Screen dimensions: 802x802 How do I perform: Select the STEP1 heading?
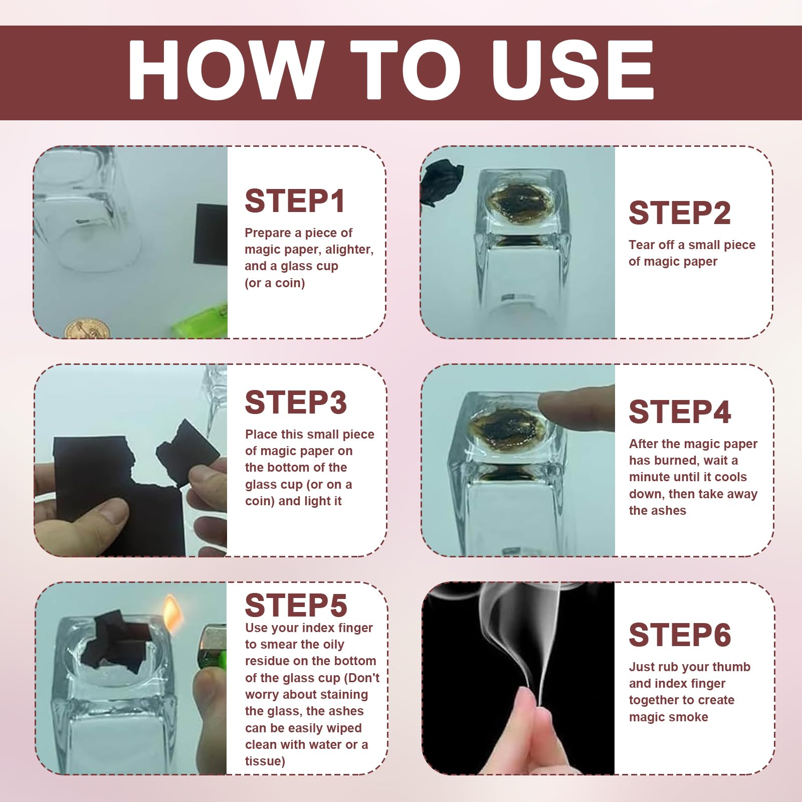tap(295, 201)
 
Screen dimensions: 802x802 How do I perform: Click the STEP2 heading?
tap(680, 213)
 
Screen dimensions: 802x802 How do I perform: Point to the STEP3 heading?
tap(296, 403)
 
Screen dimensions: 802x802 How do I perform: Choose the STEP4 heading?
tap(680, 412)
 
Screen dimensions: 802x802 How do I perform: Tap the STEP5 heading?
tap(296, 605)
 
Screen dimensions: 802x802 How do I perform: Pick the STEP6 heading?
tap(680, 635)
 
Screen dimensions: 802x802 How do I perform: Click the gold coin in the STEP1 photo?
tap(87, 328)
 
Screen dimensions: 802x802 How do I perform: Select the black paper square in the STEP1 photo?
tap(211, 235)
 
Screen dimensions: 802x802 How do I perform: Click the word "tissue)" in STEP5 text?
tap(265, 761)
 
